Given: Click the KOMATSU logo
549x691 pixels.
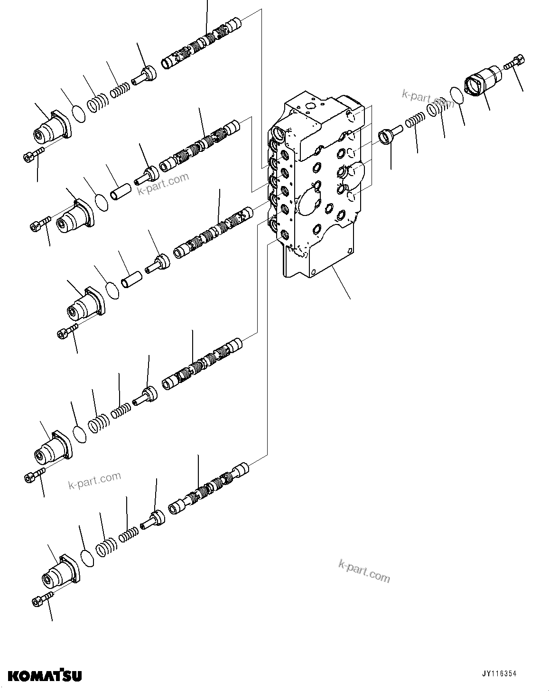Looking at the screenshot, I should [x=41, y=674].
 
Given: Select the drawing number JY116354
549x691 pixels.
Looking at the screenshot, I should [x=499, y=673].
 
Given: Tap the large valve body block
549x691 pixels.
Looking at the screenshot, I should [x=318, y=190].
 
